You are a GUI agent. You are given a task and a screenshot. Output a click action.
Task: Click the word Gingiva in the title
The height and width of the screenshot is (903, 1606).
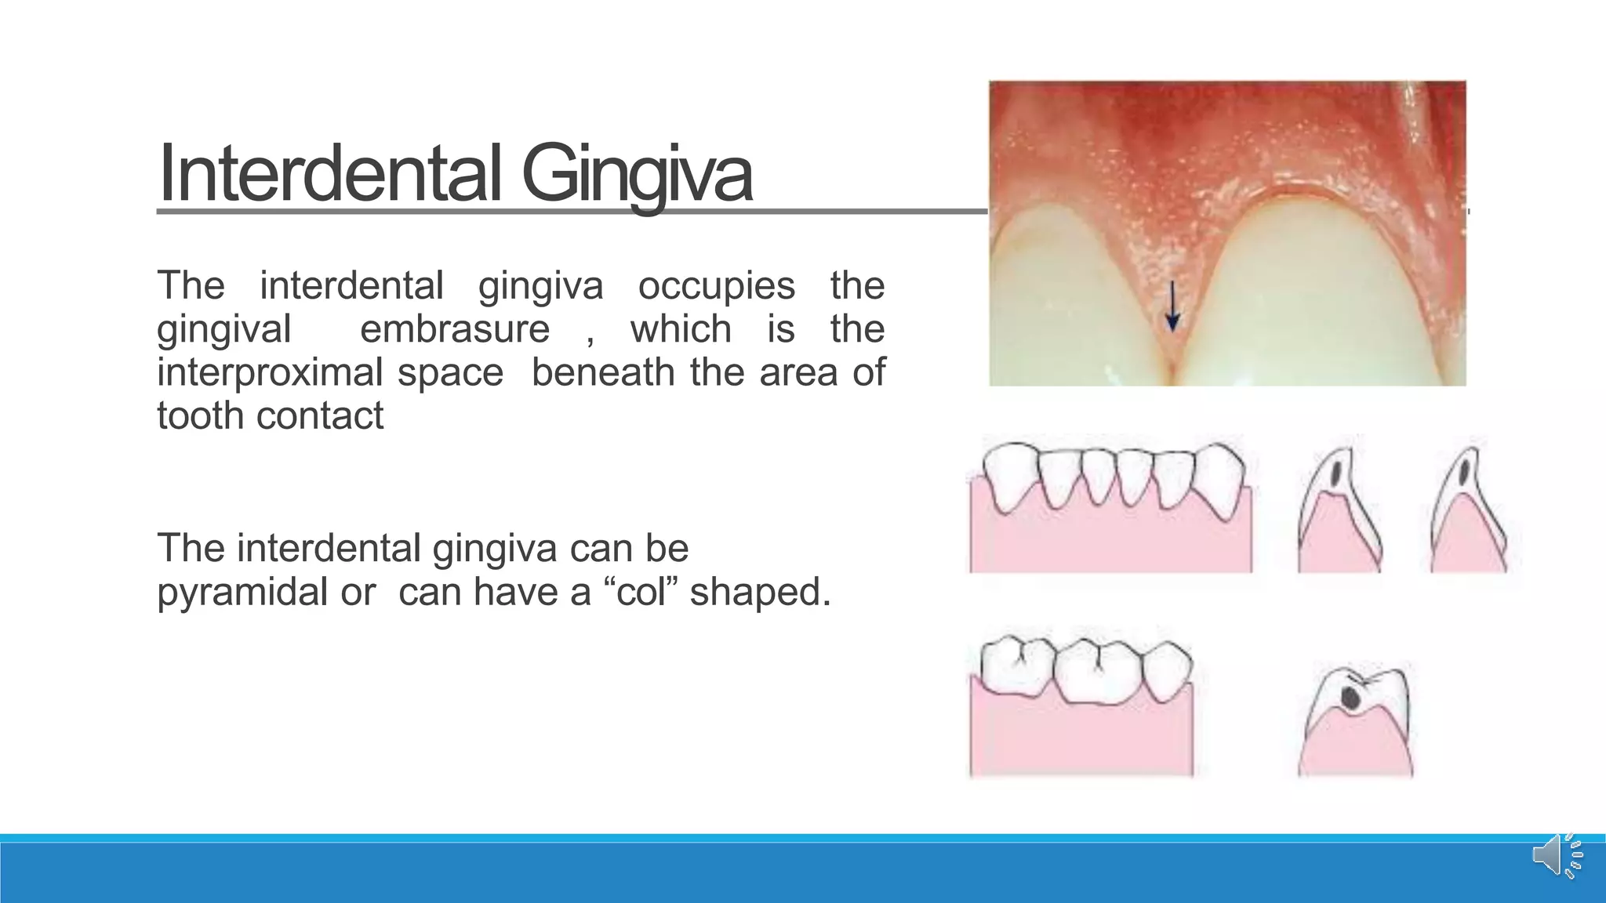(x=637, y=173)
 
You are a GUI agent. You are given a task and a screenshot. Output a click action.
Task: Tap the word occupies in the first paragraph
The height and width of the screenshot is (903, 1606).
(x=716, y=285)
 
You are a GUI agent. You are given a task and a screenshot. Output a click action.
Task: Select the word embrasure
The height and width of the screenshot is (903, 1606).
(x=455, y=328)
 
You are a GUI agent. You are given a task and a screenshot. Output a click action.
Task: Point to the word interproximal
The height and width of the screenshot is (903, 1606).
(x=269, y=372)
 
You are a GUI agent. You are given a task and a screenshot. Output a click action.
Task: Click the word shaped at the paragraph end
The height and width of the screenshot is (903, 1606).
(x=758, y=591)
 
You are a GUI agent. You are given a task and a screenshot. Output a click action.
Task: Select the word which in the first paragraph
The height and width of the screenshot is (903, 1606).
(x=681, y=328)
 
